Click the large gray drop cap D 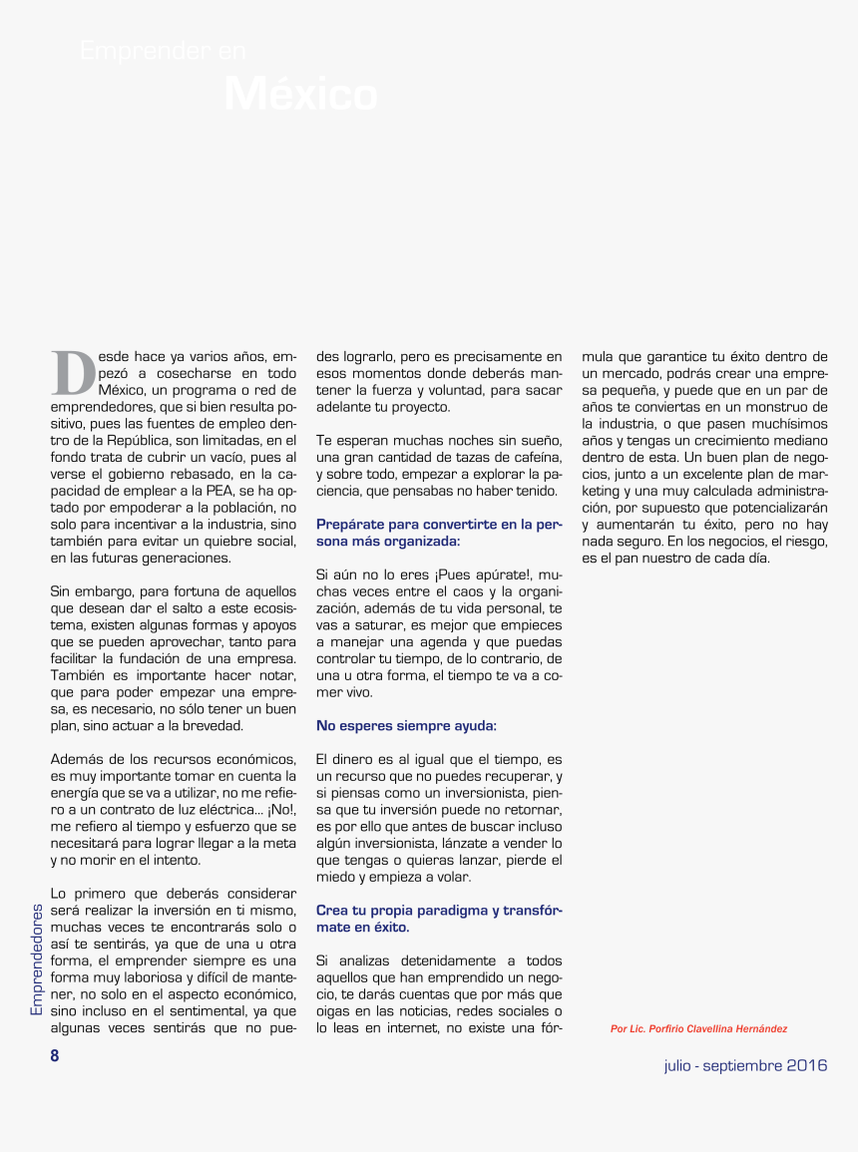click(x=73, y=372)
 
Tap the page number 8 click(x=56, y=1056)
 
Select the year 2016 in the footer click(x=807, y=1065)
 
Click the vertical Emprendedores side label click(x=36, y=959)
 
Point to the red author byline click(x=705, y=1028)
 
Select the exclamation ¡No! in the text click(x=280, y=809)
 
